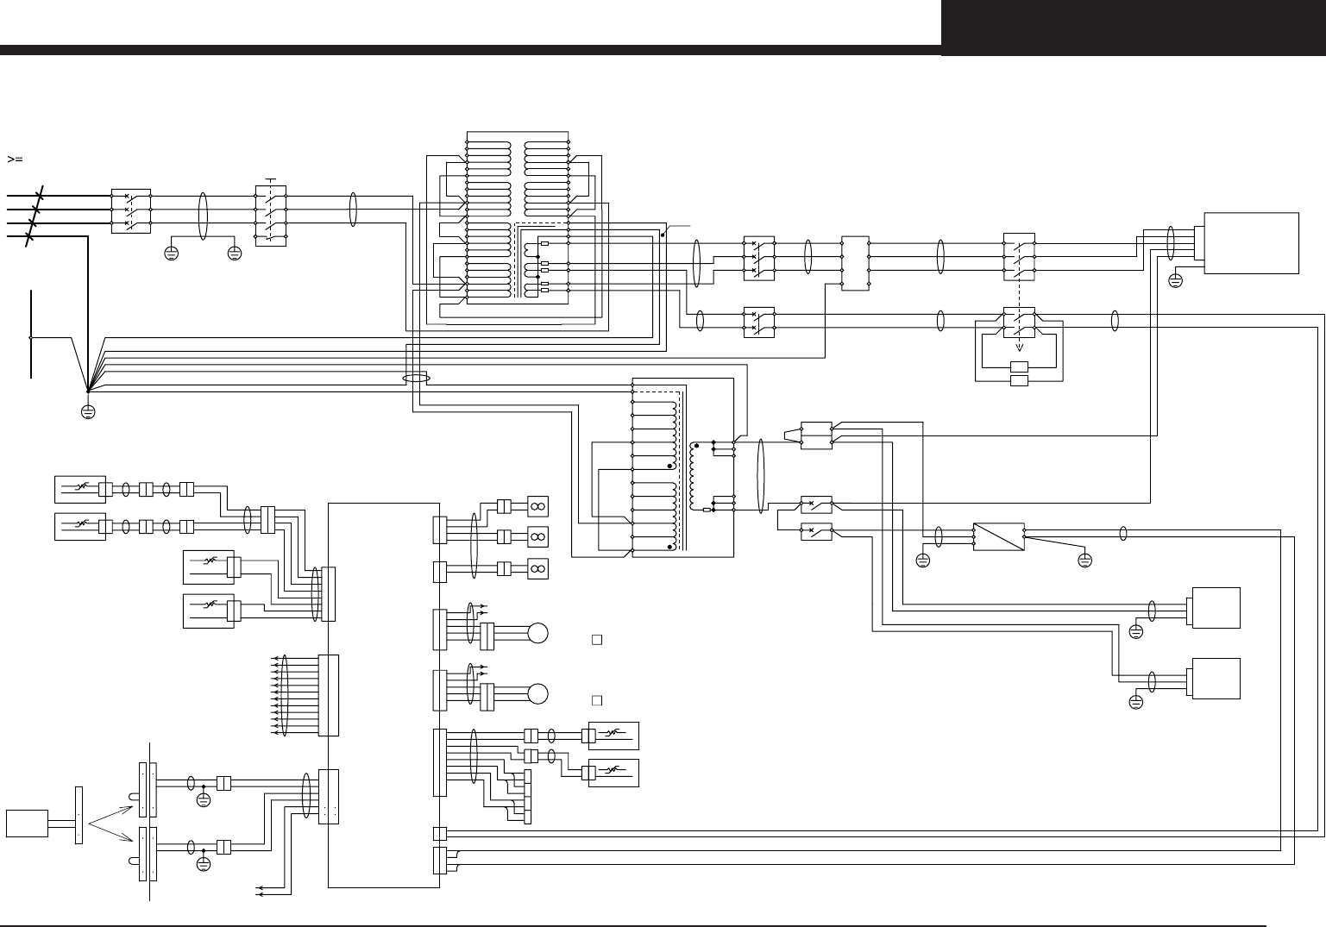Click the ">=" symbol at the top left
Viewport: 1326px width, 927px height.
click(14, 160)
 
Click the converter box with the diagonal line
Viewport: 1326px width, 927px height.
click(998, 537)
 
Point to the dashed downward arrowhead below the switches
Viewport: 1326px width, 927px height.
click(1019, 348)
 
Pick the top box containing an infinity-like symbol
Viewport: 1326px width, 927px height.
click(537, 506)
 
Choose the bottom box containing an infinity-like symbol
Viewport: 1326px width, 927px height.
click(537, 569)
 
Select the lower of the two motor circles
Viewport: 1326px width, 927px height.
click(538, 693)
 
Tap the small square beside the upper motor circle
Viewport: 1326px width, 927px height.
click(596, 640)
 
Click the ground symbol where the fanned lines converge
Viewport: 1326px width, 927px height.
click(87, 410)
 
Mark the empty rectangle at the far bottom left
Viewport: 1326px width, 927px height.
click(27, 823)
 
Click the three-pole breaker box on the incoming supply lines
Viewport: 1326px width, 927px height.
click(130, 210)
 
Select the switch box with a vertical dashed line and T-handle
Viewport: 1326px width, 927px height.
click(271, 215)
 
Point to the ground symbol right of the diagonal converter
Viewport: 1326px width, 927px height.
click(1084, 561)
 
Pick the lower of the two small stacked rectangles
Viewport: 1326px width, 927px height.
click(1019, 380)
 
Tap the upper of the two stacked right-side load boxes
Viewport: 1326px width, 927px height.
click(1216, 608)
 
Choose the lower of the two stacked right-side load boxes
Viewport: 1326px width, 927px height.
click(1216, 678)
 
